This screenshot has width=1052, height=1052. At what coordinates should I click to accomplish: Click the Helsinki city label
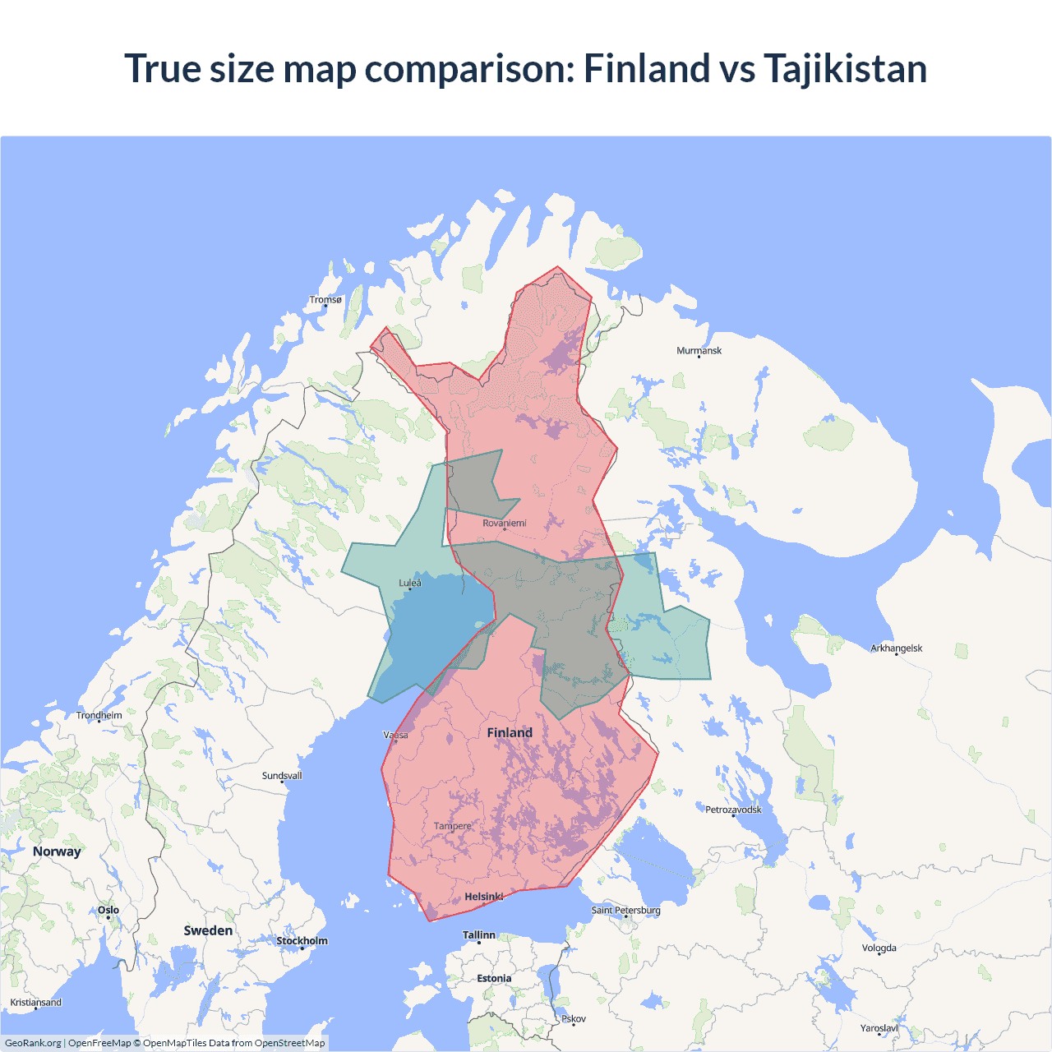483,897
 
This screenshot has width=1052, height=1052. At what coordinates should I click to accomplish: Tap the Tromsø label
325,300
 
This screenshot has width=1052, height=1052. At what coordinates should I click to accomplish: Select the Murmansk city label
699,351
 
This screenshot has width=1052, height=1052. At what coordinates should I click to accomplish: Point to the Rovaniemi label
504,524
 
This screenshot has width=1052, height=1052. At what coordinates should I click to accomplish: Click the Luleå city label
410,584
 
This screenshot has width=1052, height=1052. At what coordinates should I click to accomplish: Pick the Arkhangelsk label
896,648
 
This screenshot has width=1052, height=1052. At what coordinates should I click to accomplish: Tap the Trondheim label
99,716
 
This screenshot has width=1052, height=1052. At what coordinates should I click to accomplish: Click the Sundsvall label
282,776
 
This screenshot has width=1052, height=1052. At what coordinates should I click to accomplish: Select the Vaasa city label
395,735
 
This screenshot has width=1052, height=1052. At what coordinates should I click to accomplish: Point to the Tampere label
453,826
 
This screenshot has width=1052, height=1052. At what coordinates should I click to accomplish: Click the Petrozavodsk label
733,810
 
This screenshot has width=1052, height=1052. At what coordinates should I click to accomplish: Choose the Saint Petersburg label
625,910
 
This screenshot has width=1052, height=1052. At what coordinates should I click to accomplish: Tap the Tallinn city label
479,935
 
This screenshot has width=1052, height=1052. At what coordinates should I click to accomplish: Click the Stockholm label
302,941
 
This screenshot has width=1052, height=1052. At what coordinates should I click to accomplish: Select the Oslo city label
108,910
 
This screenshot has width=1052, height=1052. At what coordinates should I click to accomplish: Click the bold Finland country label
510,732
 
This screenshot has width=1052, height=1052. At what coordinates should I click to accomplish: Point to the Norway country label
57,851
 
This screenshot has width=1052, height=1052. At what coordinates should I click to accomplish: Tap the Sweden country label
208,930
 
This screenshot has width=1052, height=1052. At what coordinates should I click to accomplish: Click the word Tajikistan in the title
845,68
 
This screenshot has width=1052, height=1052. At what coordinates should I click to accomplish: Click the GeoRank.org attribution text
33,1043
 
